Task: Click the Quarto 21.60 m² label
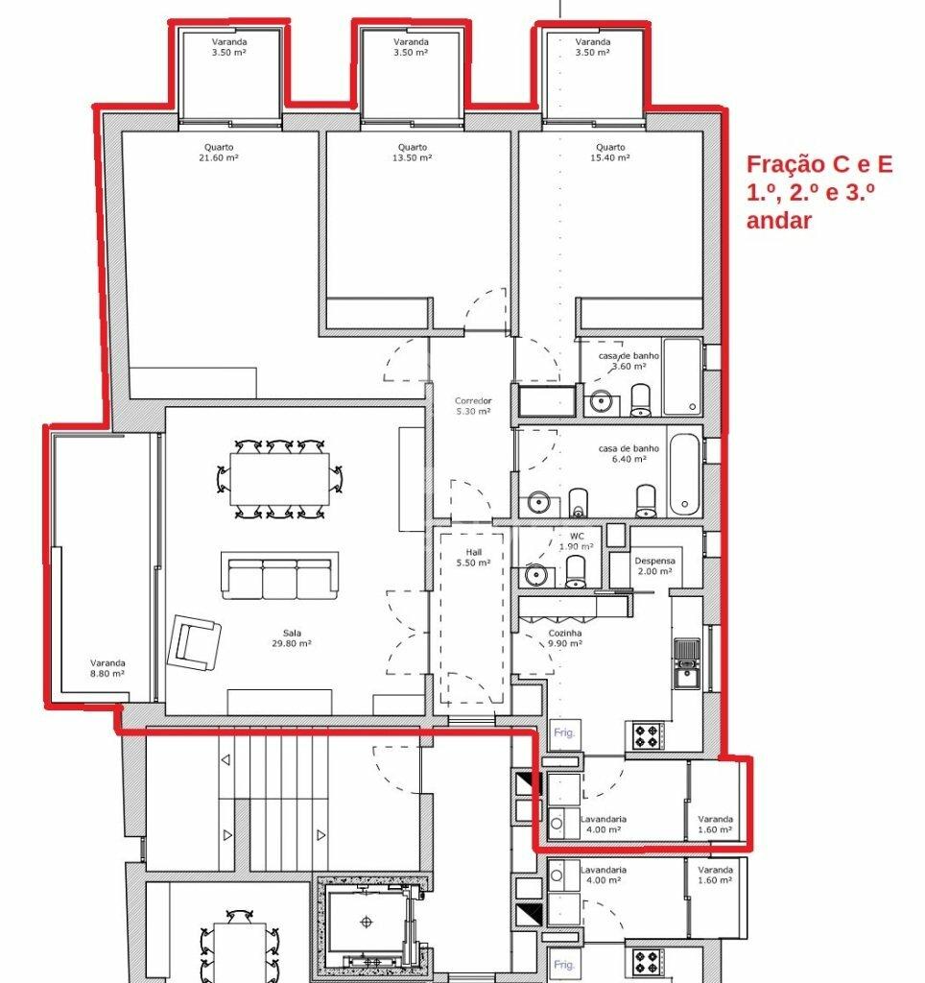click(x=219, y=153)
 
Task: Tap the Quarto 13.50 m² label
click(x=413, y=153)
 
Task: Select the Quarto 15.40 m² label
click(x=610, y=153)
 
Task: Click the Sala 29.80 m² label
click(x=292, y=638)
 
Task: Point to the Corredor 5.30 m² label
click(x=473, y=406)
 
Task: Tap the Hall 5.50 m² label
click(x=474, y=558)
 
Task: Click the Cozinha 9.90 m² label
click(x=565, y=638)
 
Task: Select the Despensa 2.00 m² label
click(x=655, y=566)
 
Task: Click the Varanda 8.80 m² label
click(x=107, y=668)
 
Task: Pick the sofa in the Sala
click(x=279, y=576)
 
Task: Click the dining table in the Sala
click(x=279, y=479)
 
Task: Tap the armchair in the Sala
click(x=194, y=642)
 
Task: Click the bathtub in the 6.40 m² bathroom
click(x=684, y=474)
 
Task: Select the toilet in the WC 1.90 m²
click(x=576, y=572)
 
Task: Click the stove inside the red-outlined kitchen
click(x=648, y=735)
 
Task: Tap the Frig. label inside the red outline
click(x=564, y=732)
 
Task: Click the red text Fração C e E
click(x=819, y=164)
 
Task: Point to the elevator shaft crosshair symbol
click(x=367, y=921)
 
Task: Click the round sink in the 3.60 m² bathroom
click(x=601, y=400)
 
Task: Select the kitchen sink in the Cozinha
click(x=687, y=662)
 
